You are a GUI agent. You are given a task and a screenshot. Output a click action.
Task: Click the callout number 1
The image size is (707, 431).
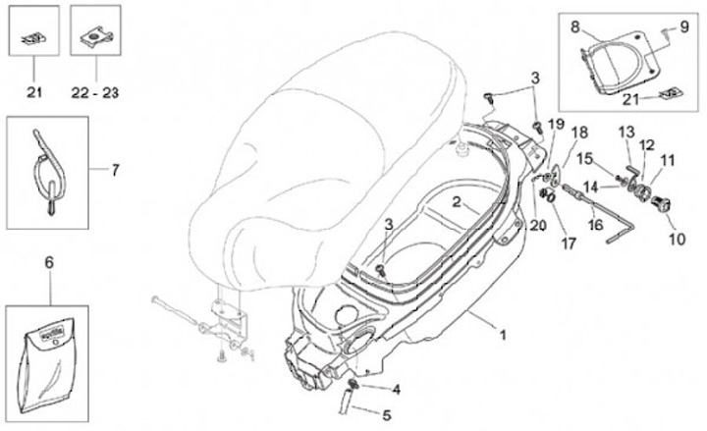(502, 335)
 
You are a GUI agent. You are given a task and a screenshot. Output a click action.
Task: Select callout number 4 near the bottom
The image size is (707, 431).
(397, 389)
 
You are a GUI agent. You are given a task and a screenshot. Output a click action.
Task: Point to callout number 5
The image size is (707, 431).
(386, 415)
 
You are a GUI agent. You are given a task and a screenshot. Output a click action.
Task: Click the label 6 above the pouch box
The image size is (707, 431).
(50, 262)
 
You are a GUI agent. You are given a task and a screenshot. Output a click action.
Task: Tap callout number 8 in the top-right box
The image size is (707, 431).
(576, 27)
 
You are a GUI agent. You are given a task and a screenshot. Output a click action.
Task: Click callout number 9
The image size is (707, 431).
(685, 27)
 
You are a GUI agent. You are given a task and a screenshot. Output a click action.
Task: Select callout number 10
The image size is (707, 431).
(675, 238)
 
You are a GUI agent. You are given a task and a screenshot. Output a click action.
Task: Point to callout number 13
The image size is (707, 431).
(626, 132)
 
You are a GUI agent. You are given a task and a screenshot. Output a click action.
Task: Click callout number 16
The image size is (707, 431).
(595, 224)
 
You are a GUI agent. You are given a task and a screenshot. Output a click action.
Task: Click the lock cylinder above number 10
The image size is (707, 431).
(662, 204)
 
